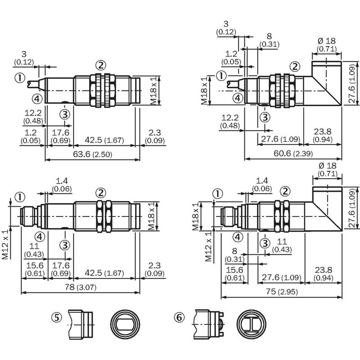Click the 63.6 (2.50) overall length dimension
(93, 154)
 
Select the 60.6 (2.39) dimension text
(293, 153)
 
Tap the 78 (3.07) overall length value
(81, 287)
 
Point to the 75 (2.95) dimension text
(282, 292)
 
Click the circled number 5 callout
(57, 318)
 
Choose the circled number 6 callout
(179, 318)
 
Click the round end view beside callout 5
(125, 324)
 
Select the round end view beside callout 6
(252, 324)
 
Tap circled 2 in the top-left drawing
(101, 65)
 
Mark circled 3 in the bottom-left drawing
(65, 245)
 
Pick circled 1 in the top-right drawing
(221, 76)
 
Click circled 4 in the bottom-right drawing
(238, 237)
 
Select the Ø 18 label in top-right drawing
(327, 41)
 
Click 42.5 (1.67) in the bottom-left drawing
(104, 273)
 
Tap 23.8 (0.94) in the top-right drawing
(323, 135)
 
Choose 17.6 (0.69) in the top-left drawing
(60, 136)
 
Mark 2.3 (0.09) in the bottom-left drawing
(154, 270)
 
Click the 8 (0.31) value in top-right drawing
(269, 40)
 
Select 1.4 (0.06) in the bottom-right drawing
(262, 184)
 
